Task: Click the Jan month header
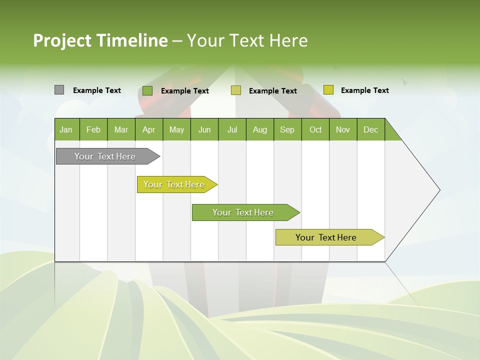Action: (x=66, y=129)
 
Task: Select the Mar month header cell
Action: (x=121, y=129)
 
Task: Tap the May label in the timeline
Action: (x=176, y=129)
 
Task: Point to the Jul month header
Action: (x=232, y=129)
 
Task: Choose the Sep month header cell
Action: (x=287, y=129)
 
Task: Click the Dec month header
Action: (x=370, y=129)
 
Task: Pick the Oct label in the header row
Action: (x=315, y=129)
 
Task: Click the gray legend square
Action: (x=59, y=90)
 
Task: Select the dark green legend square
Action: (x=147, y=90)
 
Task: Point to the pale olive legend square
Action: (x=236, y=90)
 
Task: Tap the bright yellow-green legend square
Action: (x=328, y=90)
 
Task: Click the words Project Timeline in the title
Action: (x=100, y=40)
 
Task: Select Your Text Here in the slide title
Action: (x=247, y=40)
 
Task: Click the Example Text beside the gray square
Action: (x=97, y=90)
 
